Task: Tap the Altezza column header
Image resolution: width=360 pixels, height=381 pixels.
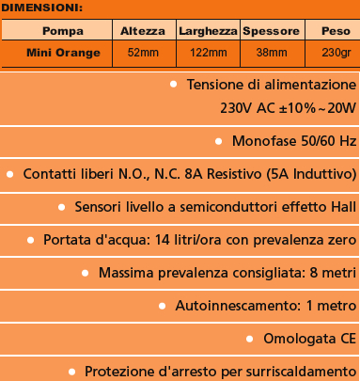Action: pos(142,31)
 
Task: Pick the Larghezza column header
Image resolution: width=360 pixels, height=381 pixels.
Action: pos(207,31)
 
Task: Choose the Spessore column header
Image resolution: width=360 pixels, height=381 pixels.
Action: pos(271,31)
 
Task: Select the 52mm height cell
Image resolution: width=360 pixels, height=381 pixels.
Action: pos(142,52)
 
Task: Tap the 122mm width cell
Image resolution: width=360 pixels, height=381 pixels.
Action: pos(207,52)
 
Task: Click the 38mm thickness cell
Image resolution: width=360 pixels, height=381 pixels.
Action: pos(271,52)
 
